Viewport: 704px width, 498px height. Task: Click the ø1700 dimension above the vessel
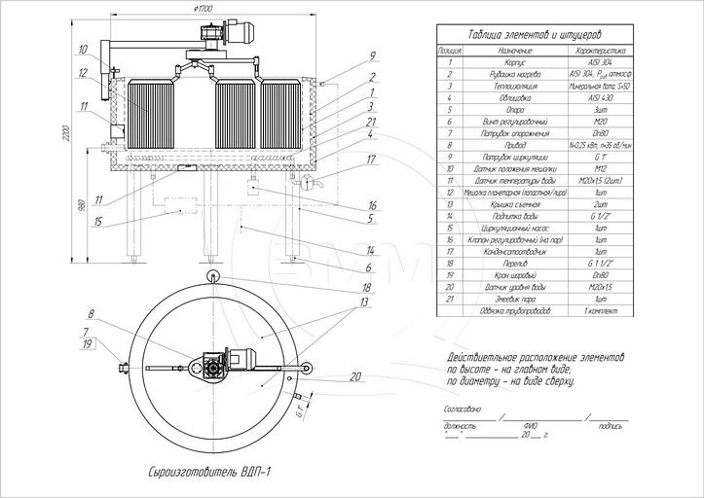click(x=204, y=8)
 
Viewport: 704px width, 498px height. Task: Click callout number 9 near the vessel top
click(x=345, y=55)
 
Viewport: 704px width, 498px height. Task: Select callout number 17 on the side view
click(x=345, y=159)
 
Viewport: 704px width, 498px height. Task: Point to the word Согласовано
click(x=463, y=410)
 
